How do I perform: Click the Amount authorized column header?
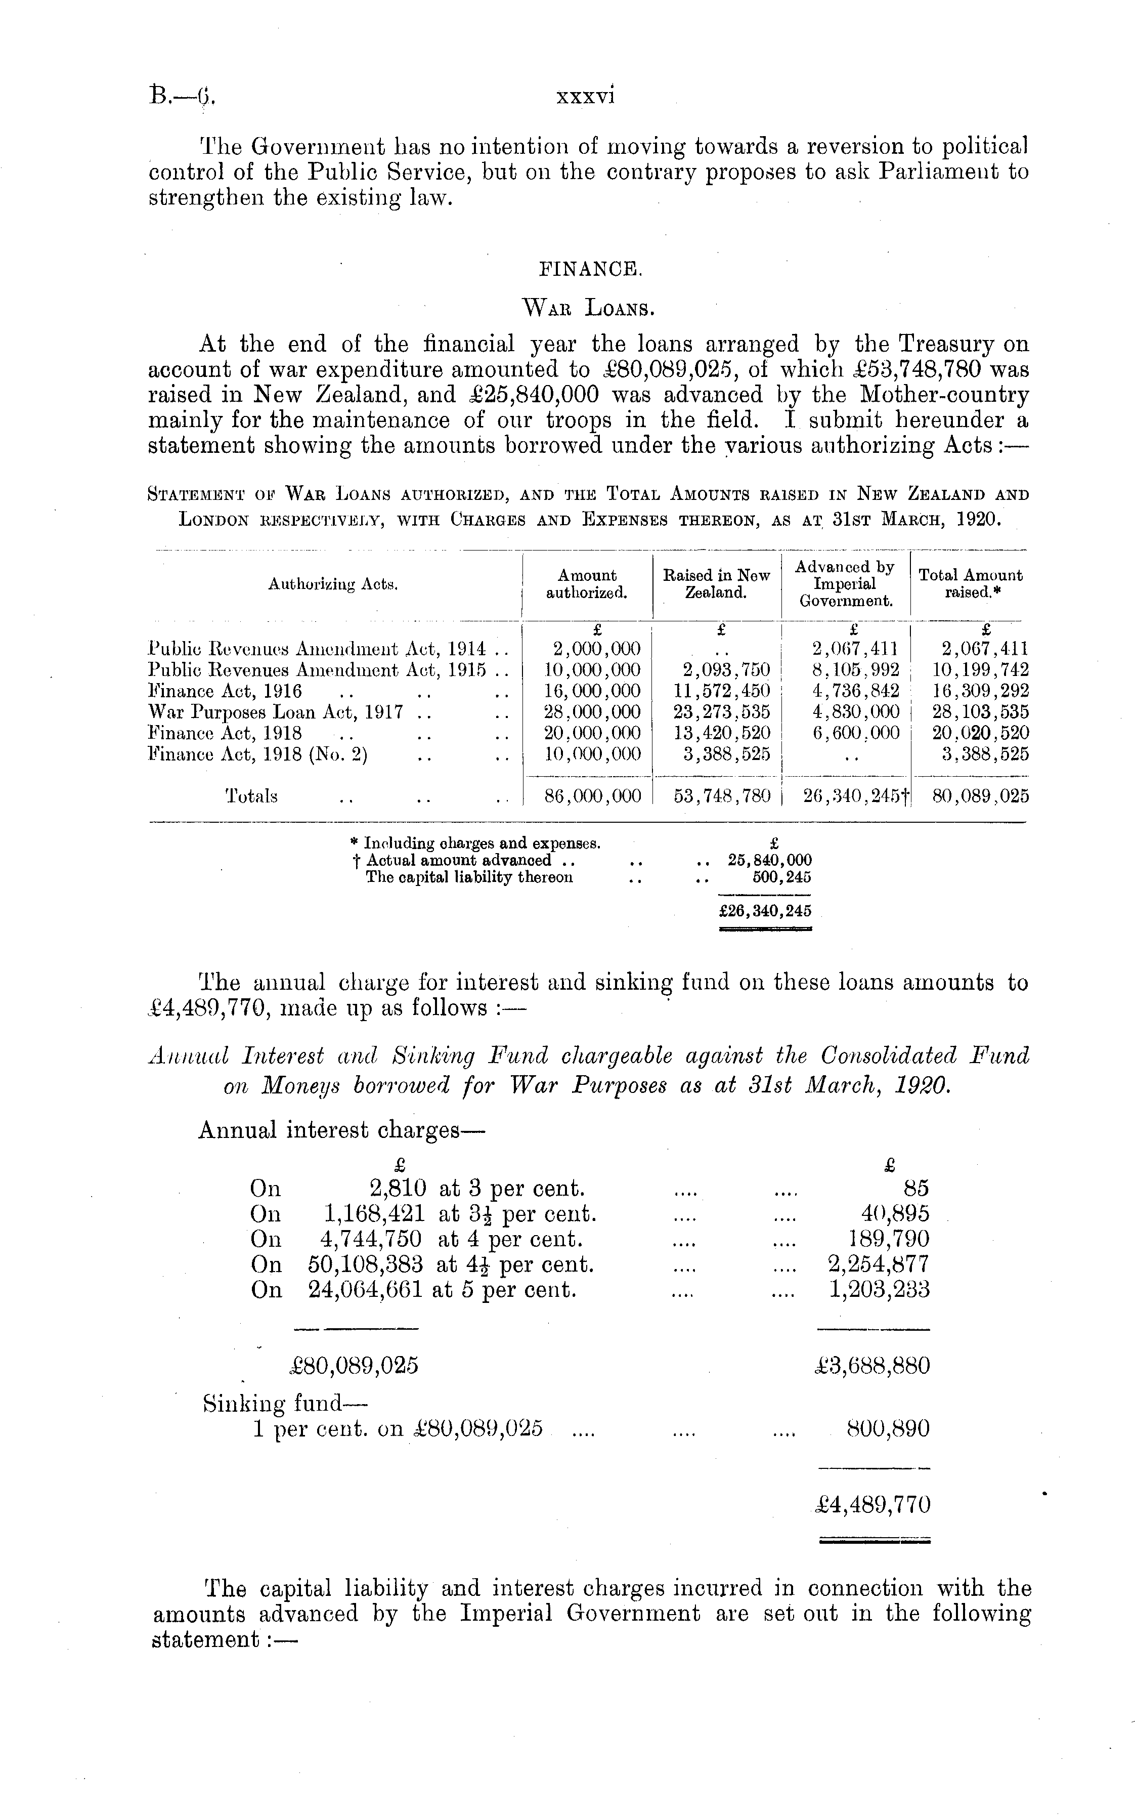tap(587, 583)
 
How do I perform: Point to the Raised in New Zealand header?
tap(716, 583)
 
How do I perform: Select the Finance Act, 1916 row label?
tap(225, 691)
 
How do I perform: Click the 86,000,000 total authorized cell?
tap(593, 796)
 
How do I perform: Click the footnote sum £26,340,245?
tap(765, 911)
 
